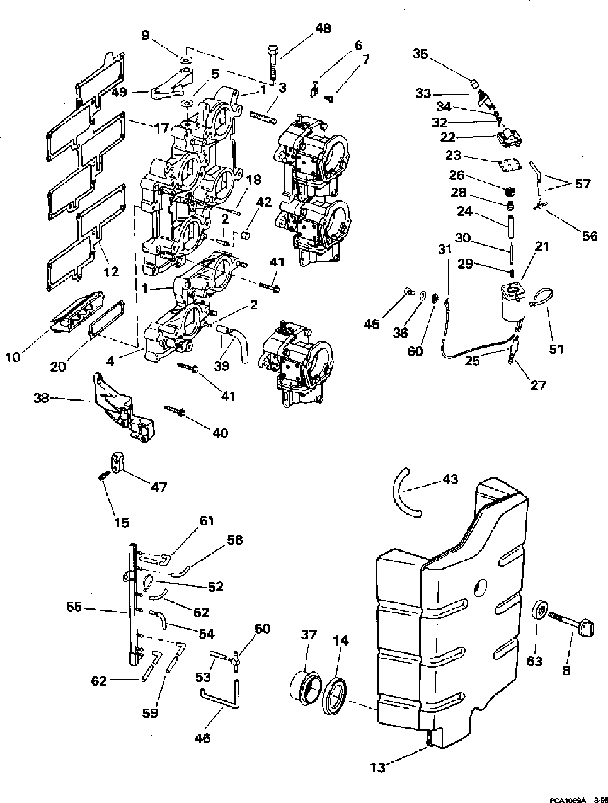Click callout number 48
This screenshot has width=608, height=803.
tap(323, 28)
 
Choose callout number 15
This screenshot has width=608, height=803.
tap(122, 522)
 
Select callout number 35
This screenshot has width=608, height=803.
tap(420, 54)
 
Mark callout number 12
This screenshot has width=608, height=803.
tap(111, 271)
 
